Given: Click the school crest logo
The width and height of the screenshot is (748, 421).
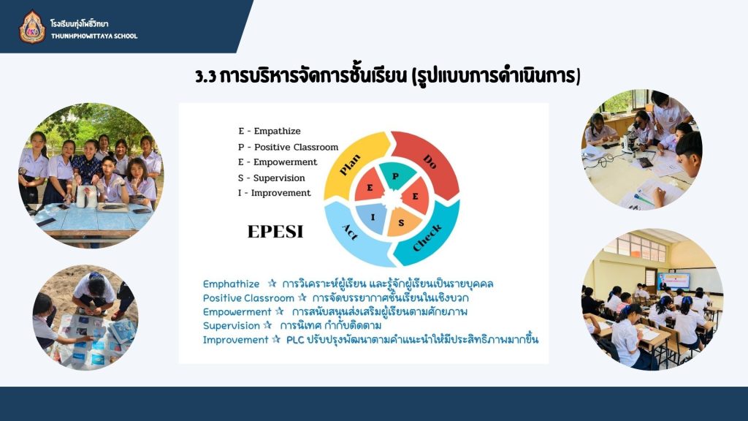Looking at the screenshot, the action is click(x=32, y=27).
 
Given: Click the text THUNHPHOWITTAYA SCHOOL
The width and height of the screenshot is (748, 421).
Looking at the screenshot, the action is click(x=94, y=36).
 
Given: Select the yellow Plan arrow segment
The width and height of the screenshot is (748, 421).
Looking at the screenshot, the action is click(x=356, y=162).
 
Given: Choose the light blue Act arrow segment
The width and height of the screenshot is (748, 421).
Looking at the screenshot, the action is click(x=354, y=234).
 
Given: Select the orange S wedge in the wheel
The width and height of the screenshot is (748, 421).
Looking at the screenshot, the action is click(x=402, y=222).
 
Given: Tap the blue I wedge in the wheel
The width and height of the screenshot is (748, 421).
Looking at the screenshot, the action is click(x=373, y=218).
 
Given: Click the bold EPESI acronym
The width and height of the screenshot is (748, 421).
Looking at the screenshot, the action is click(x=275, y=232).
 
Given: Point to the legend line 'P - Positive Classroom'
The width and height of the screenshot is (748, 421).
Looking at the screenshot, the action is click(x=288, y=147).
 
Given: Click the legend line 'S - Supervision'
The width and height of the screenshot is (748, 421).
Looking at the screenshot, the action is click(x=272, y=178).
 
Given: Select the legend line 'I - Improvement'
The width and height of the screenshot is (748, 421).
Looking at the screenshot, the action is click(x=275, y=193).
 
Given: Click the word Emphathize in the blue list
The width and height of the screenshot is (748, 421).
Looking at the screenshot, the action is click(x=231, y=284).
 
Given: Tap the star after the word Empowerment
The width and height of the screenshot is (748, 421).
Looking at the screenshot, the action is click(x=280, y=311).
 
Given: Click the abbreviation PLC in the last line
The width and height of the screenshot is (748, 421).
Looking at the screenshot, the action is click(x=295, y=340).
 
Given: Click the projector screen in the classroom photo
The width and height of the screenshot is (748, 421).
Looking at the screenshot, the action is click(x=673, y=281).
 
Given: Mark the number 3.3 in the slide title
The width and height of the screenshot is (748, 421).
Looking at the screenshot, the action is click(x=205, y=76).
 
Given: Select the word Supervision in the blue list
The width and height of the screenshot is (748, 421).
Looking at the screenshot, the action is click(x=231, y=325).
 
